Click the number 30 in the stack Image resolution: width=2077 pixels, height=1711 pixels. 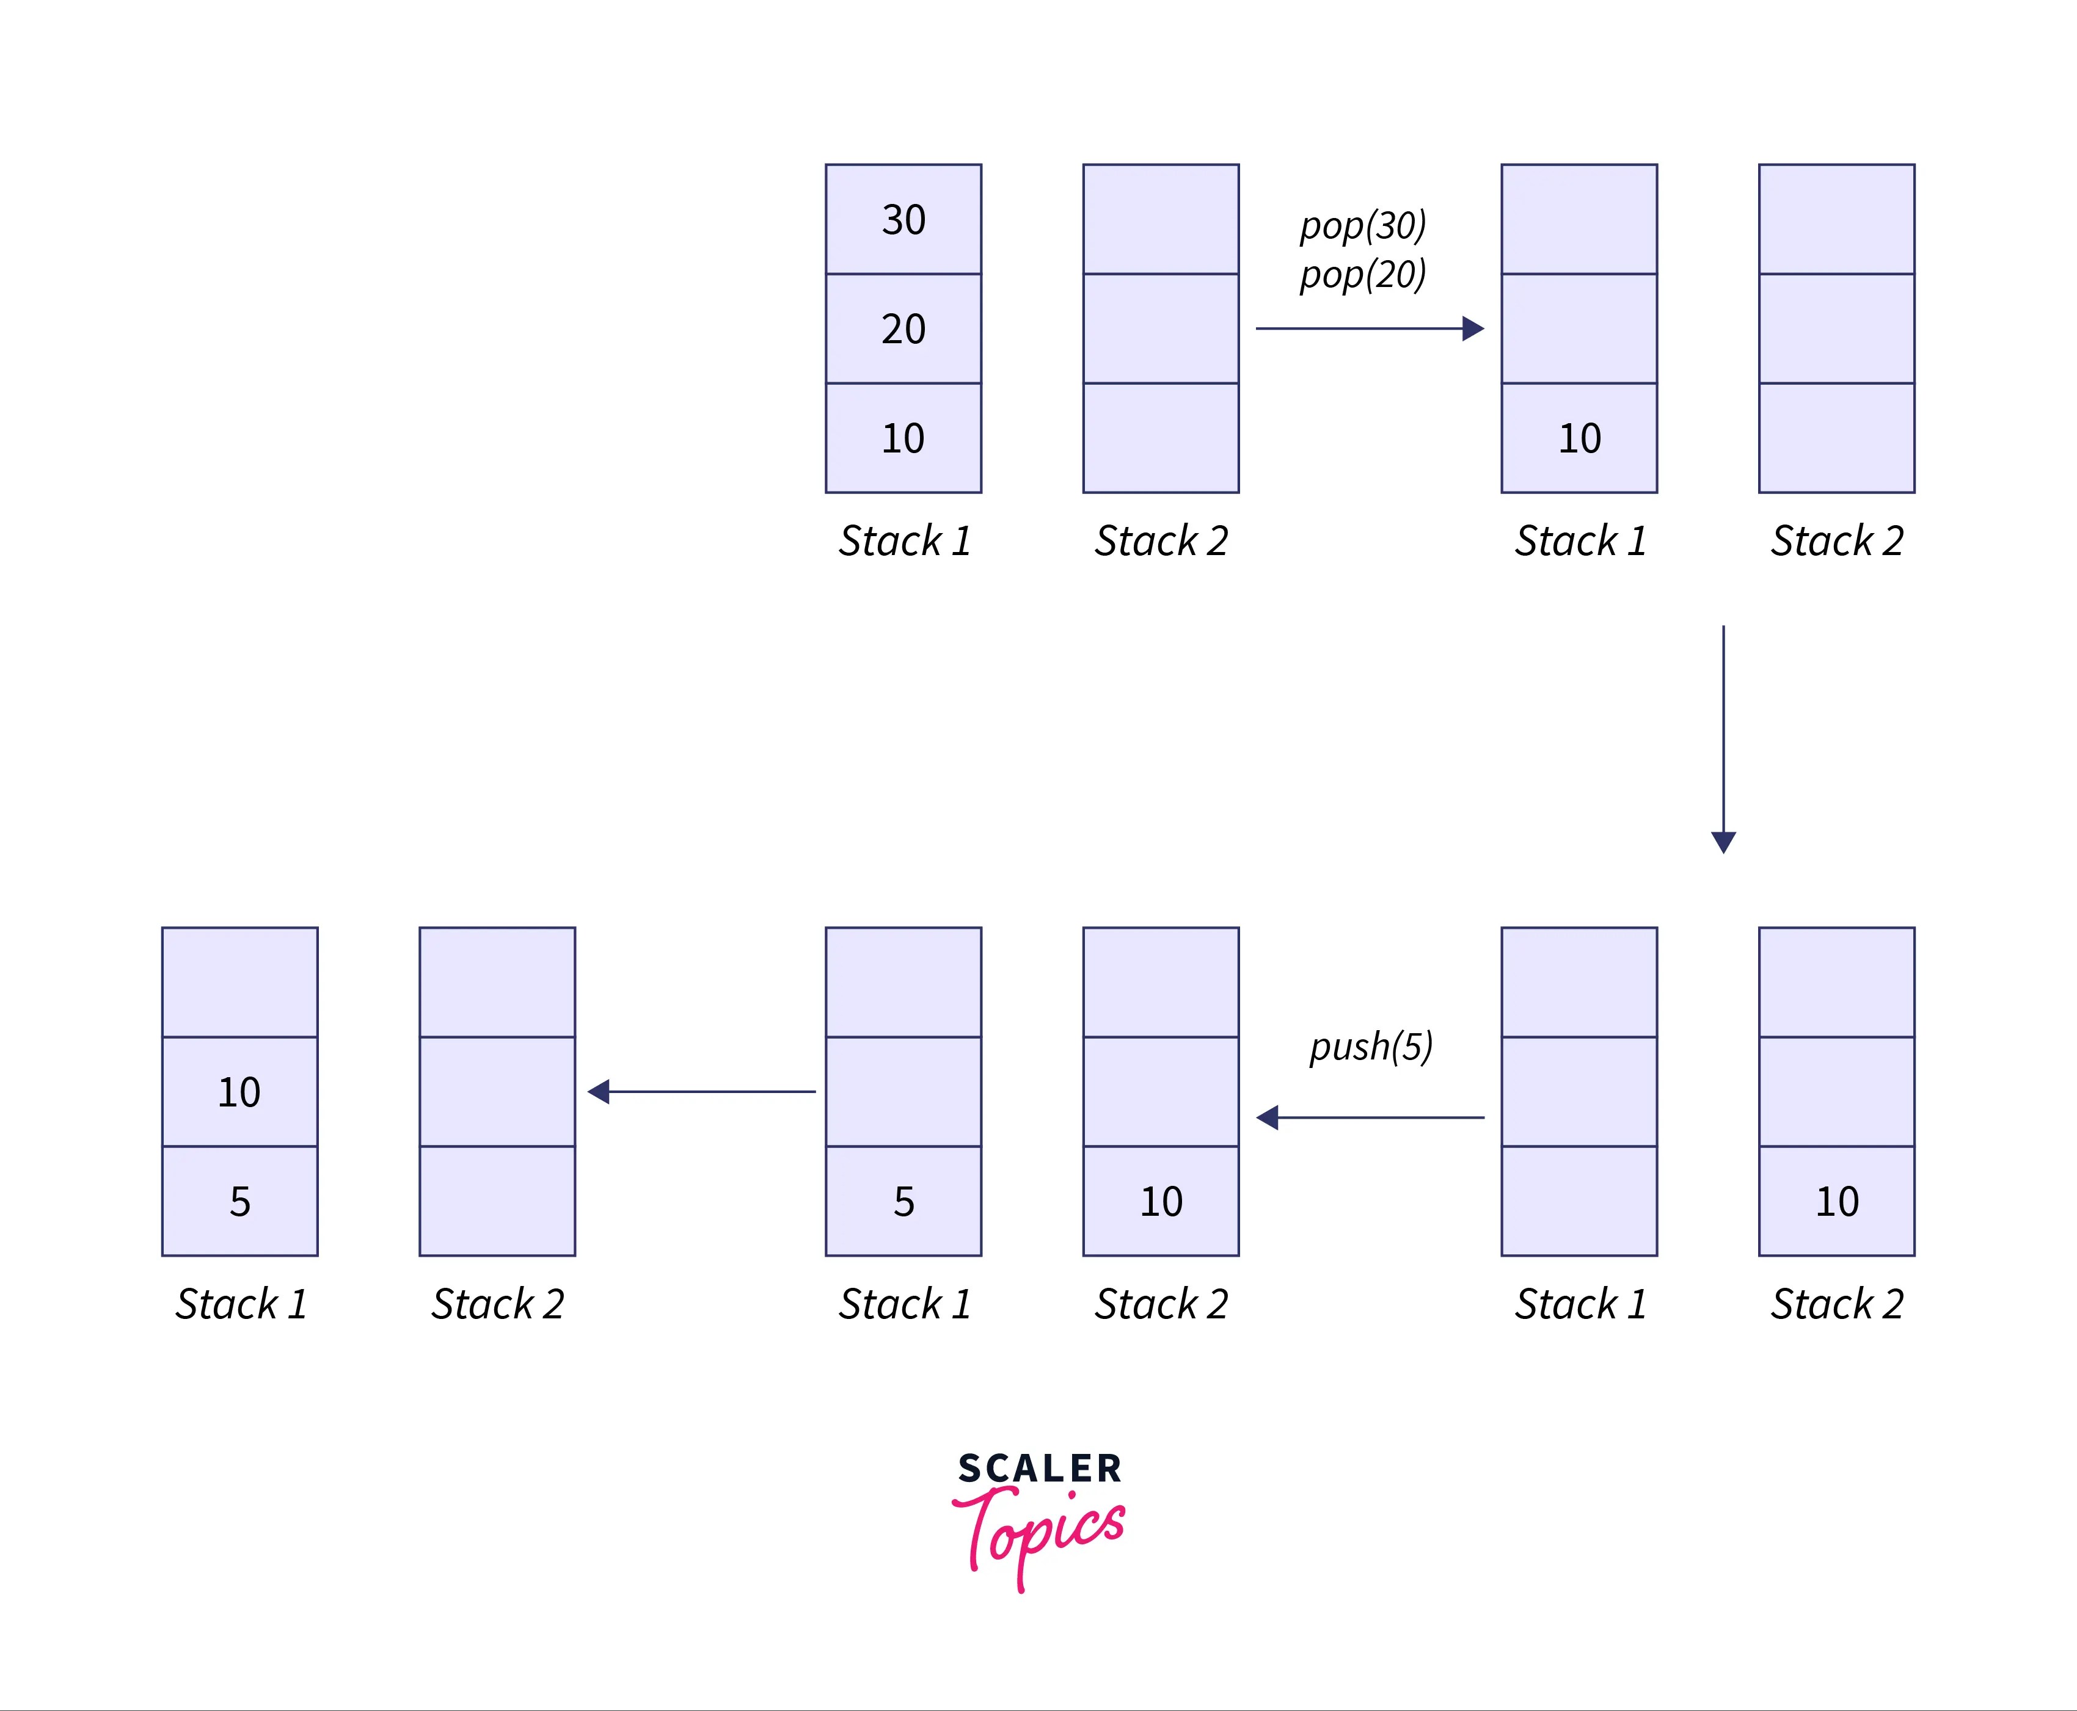click(x=903, y=219)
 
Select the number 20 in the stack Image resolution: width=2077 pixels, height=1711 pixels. click(x=903, y=328)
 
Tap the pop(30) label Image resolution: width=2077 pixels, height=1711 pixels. click(x=1362, y=226)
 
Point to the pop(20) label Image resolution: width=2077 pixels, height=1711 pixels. click(x=1362, y=274)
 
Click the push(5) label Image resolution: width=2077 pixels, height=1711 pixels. click(x=1370, y=1046)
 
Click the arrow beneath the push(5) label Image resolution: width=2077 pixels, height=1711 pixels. click(x=1370, y=1117)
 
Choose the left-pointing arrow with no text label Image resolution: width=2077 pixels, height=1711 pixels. click(x=702, y=1091)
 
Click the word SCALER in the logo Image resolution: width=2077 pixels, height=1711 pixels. click(x=1039, y=1469)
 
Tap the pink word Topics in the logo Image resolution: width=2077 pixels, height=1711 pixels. click(x=1039, y=1533)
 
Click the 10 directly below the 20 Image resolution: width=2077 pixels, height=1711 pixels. click(x=903, y=438)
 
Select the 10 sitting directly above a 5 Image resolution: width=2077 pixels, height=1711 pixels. click(x=239, y=1092)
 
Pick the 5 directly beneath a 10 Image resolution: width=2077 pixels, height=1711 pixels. click(x=239, y=1202)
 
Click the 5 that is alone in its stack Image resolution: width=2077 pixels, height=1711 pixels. click(x=903, y=1202)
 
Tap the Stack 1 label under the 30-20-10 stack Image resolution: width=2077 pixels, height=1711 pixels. click(x=904, y=541)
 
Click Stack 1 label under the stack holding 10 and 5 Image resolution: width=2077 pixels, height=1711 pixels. click(x=241, y=1304)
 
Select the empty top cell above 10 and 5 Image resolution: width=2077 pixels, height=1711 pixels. click(x=239, y=982)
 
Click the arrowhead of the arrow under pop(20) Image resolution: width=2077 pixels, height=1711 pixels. click(x=1473, y=328)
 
